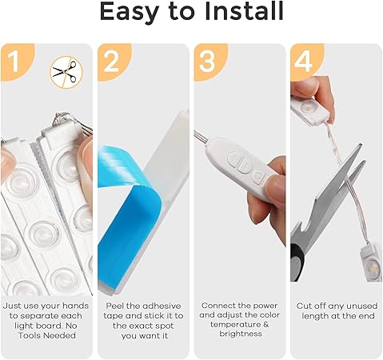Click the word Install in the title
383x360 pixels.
pyautogui.click(x=244, y=11)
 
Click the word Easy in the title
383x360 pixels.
pyautogui.click(x=130, y=13)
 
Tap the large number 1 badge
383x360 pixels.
pyautogui.click(x=14, y=62)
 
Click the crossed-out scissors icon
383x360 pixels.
pyautogui.click(x=66, y=71)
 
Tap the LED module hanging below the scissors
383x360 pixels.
pyautogui.click(x=371, y=262)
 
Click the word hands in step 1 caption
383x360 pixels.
pyautogui.click(x=76, y=306)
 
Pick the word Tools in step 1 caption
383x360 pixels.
pyautogui.click(x=30, y=335)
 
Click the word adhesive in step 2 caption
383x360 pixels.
pyautogui.click(x=161, y=306)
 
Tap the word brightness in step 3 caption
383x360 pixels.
pyautogui.click(x=241, y=334)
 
